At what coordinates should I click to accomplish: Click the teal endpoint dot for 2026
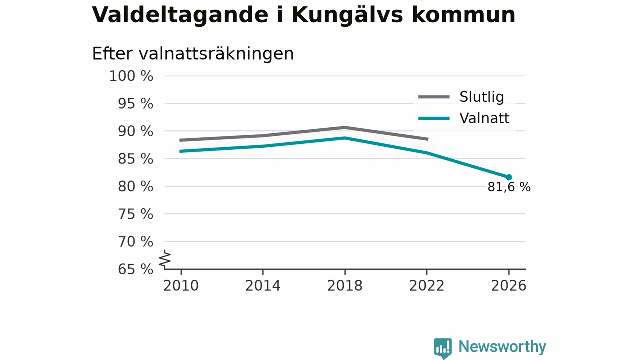coord(509,177)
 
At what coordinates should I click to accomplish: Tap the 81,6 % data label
coord(509,187)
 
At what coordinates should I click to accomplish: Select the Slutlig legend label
coord(481,97)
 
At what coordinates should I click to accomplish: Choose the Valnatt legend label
coord(484,118)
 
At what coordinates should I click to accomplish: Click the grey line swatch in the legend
coord(434,97)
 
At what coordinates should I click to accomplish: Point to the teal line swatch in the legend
coord(434,118)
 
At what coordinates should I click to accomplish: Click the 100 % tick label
coord(131,76)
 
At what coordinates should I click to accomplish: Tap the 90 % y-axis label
coord(135,131)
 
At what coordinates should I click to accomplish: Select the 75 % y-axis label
coord(135,214)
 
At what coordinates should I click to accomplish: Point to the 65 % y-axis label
coord(135,269)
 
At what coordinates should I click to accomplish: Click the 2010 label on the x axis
coord(181,286)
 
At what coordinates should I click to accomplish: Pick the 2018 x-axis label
coord(345,286)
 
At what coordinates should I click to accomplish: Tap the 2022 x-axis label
coord(427,286)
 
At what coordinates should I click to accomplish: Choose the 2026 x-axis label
coord(508,286)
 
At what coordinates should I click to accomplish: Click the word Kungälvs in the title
coord(347,15)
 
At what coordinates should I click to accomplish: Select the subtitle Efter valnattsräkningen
coord(193,53)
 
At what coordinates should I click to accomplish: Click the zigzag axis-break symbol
coord(165,259)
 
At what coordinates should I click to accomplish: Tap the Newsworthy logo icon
coord(443,348)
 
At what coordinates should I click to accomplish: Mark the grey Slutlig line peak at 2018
coord(345,127)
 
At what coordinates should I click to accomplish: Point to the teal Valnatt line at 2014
coord(263,146)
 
